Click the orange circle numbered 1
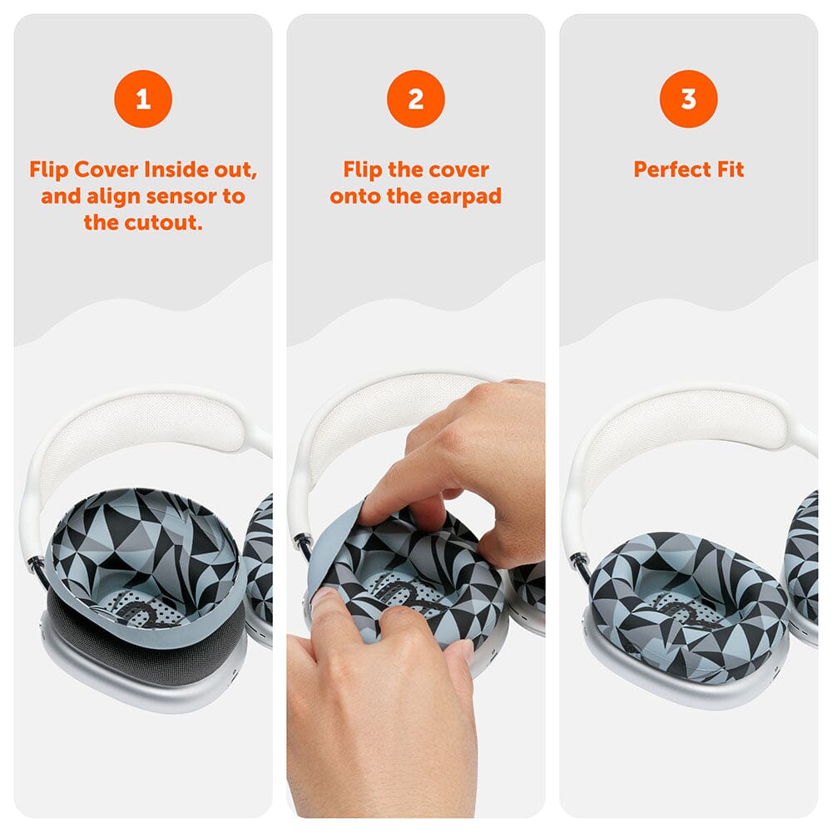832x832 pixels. pos(143,100)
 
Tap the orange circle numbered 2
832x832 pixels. pos(416,100)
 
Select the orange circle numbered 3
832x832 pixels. pos(688,100)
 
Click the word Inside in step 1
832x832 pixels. pos(176,170)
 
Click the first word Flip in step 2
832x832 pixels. pos(363,170)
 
